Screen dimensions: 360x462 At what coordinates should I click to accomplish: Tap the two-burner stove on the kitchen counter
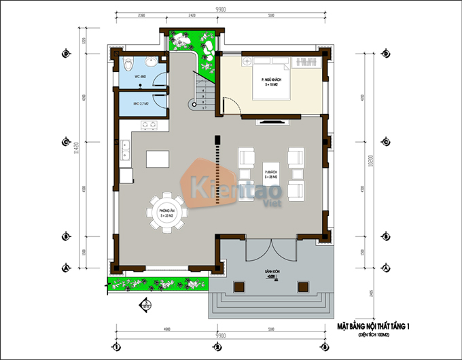pos(149,125)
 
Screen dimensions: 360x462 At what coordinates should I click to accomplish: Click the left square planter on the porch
pos(238,288)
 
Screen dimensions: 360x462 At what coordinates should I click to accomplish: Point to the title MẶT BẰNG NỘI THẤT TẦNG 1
pos(374,328)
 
